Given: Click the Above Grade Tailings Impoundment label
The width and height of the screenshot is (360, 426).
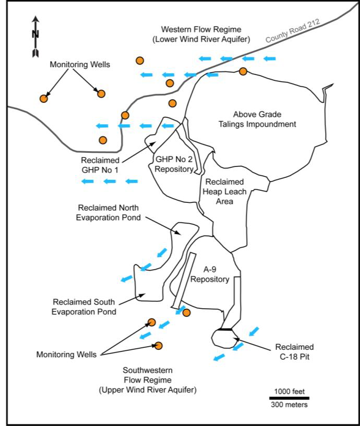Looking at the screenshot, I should pyautogui.click(x=264, y=119).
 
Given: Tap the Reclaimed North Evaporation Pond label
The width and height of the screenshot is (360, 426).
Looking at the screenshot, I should pyautogui.click(x=109, y=213).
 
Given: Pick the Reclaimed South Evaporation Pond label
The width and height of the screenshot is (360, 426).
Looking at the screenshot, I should pyautogui.click(x=85, y=307).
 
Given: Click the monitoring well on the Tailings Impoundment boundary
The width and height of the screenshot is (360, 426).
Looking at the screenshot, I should pyautogui.click(x=243, y=71).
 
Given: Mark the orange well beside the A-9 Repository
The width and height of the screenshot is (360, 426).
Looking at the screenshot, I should pyautogui.click(x=187, y=312).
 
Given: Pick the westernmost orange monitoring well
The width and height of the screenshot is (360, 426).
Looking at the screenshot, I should pyautogui.click(x=44, y=98).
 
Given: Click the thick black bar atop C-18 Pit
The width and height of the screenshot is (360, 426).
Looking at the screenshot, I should pyautogui.click(x=225, y=329).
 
